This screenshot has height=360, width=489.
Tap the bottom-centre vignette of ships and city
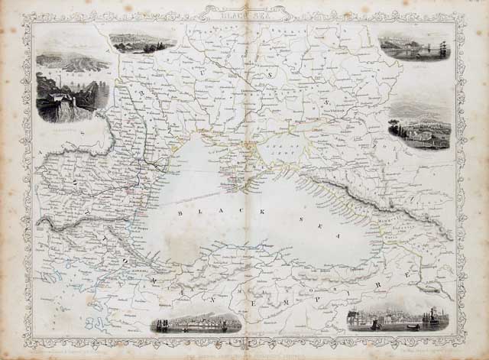[x=197, y=323]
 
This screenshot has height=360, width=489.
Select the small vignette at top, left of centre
[x=142, y=43]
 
